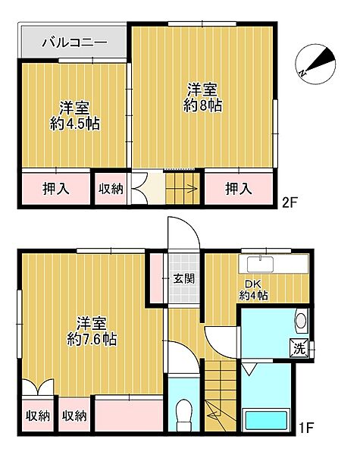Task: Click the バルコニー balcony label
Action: [x=73, y=42]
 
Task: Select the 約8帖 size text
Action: [x=202, y=106]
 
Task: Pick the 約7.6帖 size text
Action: [x=90, y=339]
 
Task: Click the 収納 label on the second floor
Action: [x=111, y=188]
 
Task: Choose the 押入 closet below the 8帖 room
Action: [x=238, y=187]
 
